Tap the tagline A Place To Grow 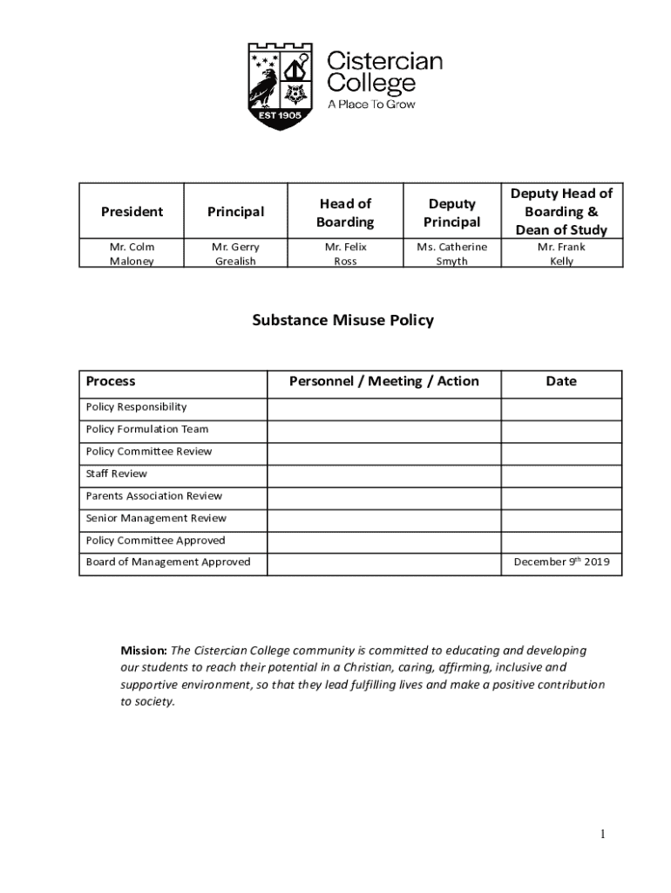pyautogui.click(x=370, y=105)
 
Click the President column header pyautogui.click(x=132, y=212)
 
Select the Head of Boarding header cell pyautogui.click(x=345, y=213)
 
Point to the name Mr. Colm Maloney pyautogui.click(x=132, y=254)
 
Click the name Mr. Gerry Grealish pyautogui.click(x=235, y=254)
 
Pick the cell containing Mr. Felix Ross pyautogui.click(x=345, y=254)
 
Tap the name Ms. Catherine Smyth pyautogui.click(x=451, y=254)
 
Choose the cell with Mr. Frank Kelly pyautogui.click(x=561, y=254)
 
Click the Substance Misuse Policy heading pyautogui.click(x=342, y=320)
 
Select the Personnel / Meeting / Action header pyautogui.click(x=383, y=381)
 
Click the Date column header pyautogui.click(x=561, y=381)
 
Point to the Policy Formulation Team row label pyautogui.click(x=147, y=429)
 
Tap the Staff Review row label pyautogui.click(x=117, y=474)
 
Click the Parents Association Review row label pyautogui.click(x=154, y=496)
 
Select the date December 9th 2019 pyautogui.click(x=561, y=562)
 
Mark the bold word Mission pyautogui.click(x=143, y=651)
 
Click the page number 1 pyautogui.click(x=601, y=835)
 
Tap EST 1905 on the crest pyautogui.click(x=279, y=115)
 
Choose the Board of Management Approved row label pyautogui.click(x=168, y=562)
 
